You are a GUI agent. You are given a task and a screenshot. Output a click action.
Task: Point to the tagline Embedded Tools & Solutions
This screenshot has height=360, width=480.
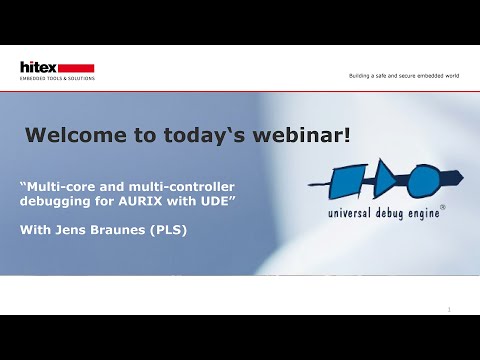tap(57, 78)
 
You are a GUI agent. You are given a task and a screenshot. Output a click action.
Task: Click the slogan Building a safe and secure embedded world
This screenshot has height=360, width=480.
tap(403, 75)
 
